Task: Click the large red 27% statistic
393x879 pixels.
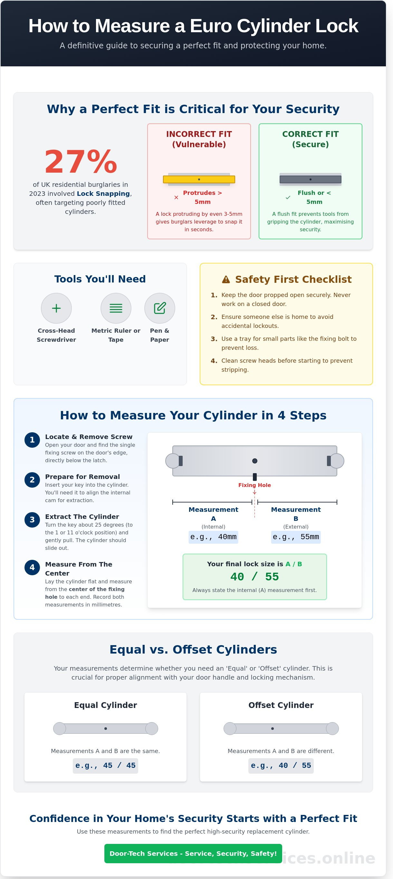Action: pos(81,162)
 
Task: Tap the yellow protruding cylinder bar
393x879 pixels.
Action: pos(199,179)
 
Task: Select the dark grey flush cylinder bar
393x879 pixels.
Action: pos(310,179)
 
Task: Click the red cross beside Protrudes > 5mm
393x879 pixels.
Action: pos(176,197)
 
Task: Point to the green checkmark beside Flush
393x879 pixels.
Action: pos(288,197)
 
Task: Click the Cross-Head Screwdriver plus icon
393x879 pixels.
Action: pos(56,308)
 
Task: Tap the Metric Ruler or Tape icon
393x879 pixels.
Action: pos(116,308)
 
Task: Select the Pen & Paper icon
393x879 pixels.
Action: pos(160,308)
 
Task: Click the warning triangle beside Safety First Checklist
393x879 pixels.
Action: pos(226,280)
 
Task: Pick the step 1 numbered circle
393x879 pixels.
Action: pos(32,440)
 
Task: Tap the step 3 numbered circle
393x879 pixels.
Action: pos(32,520)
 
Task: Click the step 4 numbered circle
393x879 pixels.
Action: pos(32,568)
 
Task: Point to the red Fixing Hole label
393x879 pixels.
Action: pos(254,485)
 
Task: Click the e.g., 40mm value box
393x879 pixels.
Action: pos(213,537)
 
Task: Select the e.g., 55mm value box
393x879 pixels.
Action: pos(296,537)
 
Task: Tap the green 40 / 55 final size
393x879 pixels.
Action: pos(254,577)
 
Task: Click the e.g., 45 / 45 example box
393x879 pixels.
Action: pos(105,766)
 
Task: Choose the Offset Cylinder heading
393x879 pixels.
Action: pos(281,705)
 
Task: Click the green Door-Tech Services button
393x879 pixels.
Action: pos(193,854)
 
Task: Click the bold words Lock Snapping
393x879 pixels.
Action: pos(103,194)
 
